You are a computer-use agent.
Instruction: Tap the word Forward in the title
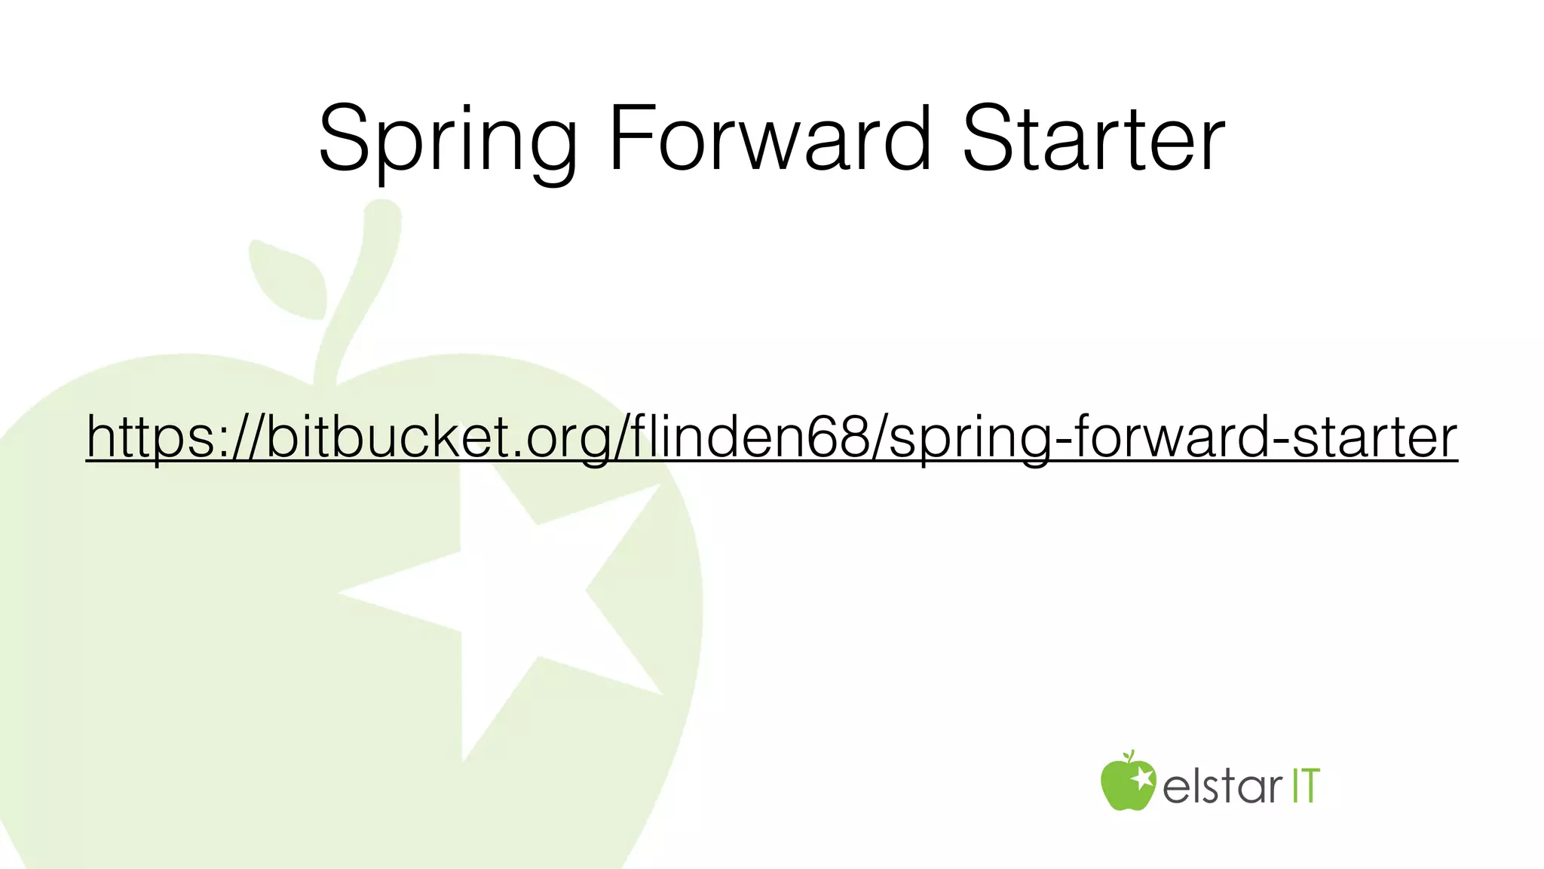(x=769, y=140)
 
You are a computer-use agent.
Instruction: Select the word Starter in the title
(x=1093, y=140)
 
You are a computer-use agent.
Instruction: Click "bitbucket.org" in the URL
(x=438, y=437)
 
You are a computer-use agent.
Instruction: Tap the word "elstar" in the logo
(x=1222, y=786)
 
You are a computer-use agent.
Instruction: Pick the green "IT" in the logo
(x=1306, y=786)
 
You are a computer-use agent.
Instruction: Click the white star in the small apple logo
(x=1141, y=777)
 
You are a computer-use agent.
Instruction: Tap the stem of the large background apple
(x=362, y=287)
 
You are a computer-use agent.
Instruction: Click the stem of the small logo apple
(x=1129, y=755)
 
